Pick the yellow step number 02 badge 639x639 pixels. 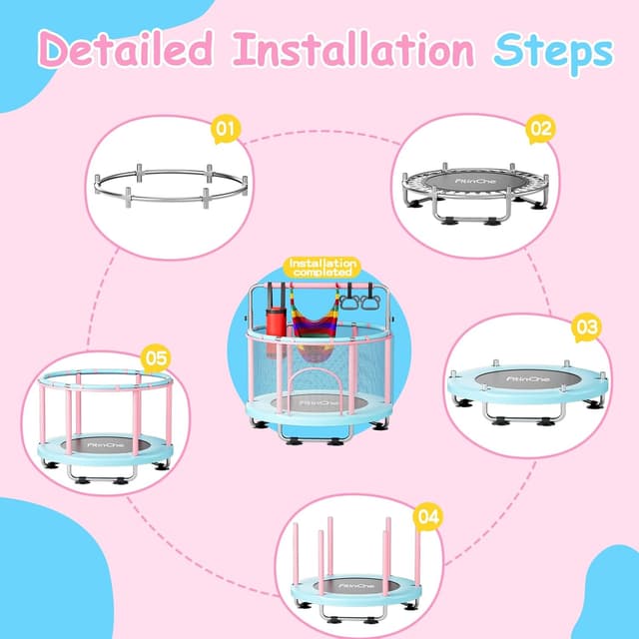pos(540,128)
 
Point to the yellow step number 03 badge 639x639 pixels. pos(586,327)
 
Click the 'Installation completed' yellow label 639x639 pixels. pos(320,268)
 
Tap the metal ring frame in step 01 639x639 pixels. pos(170,186)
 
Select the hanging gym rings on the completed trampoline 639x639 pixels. pos(356,297)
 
